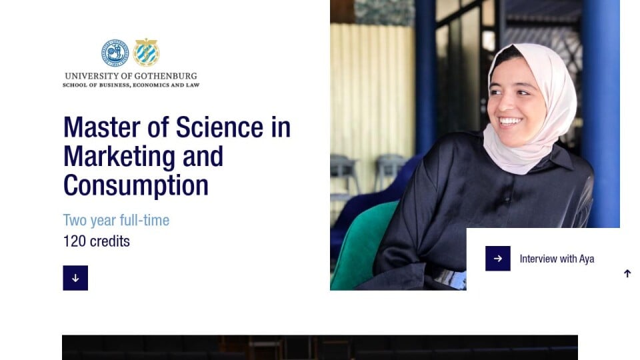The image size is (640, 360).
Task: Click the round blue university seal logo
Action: (x=115, y=53)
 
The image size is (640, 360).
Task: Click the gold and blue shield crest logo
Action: (x=146, y=52)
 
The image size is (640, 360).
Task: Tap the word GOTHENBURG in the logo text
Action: (x=166, y=76)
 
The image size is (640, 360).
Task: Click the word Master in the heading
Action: (x=102, y=127)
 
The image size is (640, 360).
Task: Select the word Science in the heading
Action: (x=219, y=127)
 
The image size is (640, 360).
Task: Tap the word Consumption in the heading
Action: (x=136, y=186)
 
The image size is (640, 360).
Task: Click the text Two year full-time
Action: (x=116, y=221)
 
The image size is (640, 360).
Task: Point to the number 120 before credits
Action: (x=74, y=241)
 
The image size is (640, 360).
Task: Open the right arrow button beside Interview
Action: (x=497, y=259)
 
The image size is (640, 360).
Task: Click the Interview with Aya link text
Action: (x=557, y=259)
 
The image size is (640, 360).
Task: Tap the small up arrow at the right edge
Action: (x=627, y=273)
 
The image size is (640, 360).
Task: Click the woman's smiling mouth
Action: (x=510, y=121)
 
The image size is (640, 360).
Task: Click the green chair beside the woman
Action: (x=361, y=245)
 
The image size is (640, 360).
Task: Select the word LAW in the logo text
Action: (x=193, y=85)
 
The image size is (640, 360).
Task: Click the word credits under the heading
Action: (x=110, y=241)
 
